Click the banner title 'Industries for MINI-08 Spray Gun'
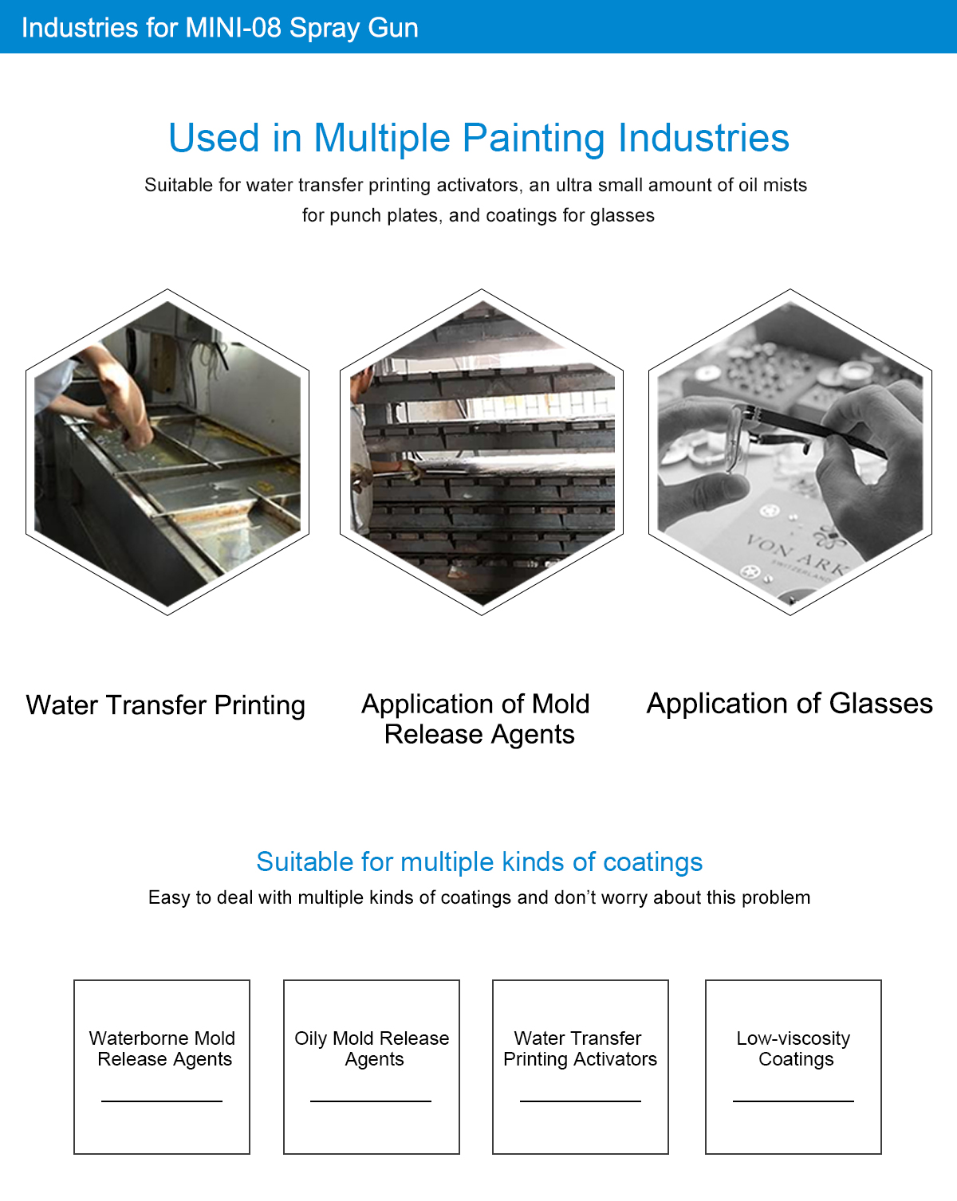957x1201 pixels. [219, 28]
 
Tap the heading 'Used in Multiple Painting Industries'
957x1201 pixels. [478, 138]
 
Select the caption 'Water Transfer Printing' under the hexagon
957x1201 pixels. [165, 705]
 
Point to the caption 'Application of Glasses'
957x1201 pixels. [790, 703]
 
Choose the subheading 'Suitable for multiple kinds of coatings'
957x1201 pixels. [479, 862]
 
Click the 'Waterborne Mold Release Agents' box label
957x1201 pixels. [163, 1048]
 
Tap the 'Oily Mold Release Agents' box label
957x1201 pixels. [372, 1048]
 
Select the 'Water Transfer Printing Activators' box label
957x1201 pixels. [580, 1048]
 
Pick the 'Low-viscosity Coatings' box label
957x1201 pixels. [794, 1048]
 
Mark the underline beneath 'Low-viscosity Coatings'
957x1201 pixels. [794, 1101]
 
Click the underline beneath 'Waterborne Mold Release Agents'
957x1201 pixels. [162, 1101]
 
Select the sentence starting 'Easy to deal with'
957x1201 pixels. [478, 897]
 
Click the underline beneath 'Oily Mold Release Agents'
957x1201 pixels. [371, 1101]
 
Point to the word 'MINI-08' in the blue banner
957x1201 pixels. [233, 28]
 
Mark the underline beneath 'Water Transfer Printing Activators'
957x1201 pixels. [581, 1101]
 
